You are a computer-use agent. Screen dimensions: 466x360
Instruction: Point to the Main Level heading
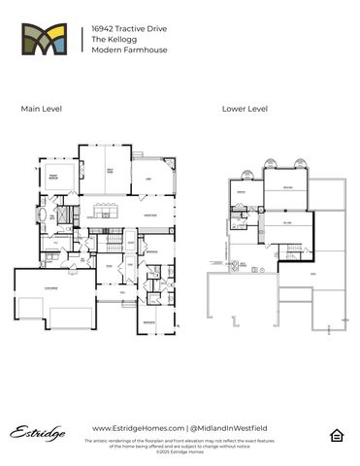click(x=42, y=109)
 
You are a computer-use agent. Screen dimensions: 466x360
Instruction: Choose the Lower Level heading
click(x=245, y=109)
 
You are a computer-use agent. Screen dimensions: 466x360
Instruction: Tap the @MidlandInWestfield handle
click(x=229, y=427)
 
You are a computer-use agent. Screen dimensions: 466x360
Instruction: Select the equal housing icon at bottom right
click(x=337, y=434)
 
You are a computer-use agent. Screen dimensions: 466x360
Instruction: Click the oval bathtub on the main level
click(x=44, y=215)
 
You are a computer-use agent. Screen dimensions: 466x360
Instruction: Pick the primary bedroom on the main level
click(x=56, y=179)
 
